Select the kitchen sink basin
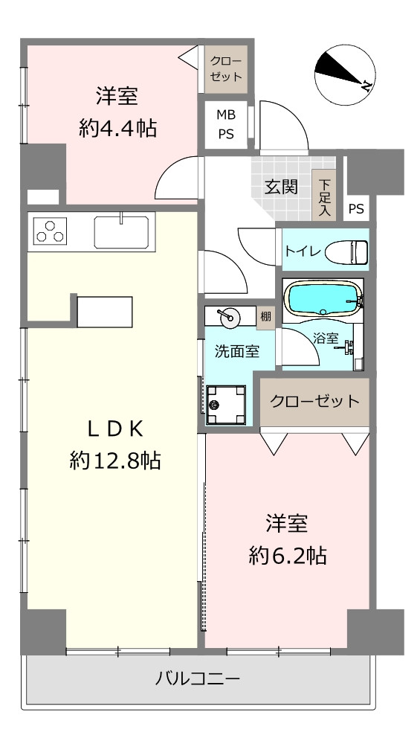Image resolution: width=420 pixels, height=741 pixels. (x=124, y=231)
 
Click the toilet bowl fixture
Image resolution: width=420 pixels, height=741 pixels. (x=346, y=251)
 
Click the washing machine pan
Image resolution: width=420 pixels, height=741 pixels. (x=226, y=404)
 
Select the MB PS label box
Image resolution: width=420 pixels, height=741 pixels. (x=226, y=125)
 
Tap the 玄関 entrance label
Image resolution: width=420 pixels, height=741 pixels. (x=281, y=187)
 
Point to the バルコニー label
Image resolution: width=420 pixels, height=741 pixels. (x=198, y=679)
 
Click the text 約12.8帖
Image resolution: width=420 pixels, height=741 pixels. (x=114, y=461)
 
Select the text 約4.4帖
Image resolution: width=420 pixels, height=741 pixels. (x=117, y=128)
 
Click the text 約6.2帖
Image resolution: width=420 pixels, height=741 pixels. (x=288, y=556)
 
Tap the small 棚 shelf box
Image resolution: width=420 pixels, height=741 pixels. (x=266, y=317)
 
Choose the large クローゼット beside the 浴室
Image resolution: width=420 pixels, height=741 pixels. (x=314, y=401)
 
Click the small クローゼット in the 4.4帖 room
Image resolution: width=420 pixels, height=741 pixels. (x=226, y=69)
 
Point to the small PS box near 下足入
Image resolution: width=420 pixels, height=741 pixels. (x=357, y=208)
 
